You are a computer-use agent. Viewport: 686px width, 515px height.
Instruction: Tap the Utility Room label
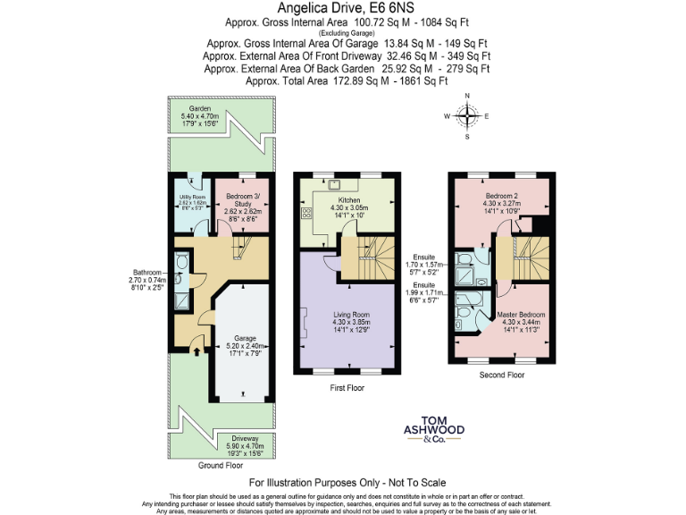[193, 198]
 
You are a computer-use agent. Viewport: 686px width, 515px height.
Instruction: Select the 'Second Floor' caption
[501, 375]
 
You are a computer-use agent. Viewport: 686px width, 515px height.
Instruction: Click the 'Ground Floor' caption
[221, 466]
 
